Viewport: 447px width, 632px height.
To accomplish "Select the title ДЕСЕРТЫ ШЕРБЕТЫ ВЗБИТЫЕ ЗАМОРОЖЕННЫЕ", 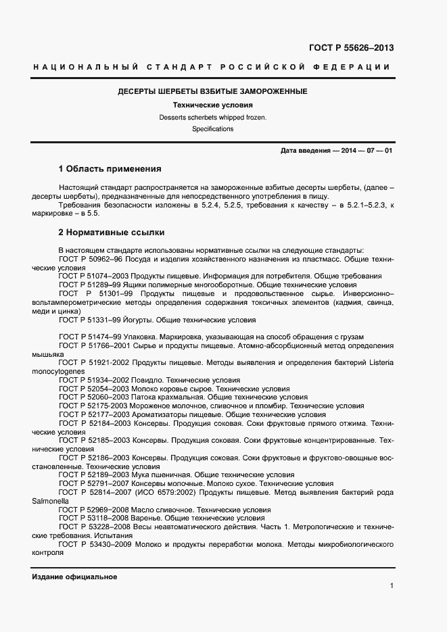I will pyautogui.click(x=212, y=91).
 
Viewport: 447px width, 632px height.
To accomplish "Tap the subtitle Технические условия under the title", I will pyautogui.click(x=212, y=105).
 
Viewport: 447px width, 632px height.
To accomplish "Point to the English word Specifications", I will pyautogui.click(x=212, y=128).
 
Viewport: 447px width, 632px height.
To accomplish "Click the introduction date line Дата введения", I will pyautogui.click(x=336, y=151).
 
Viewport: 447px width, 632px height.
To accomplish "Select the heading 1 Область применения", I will pyautogui.click(x=110, y=169).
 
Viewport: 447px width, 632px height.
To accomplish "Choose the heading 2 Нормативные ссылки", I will pyautogui.click(x=112, y=233).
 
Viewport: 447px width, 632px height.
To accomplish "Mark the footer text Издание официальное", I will pyautogui.click(x=74, y=577).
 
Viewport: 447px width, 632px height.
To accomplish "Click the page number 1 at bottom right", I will pyautogui.click(x=392, y=586).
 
